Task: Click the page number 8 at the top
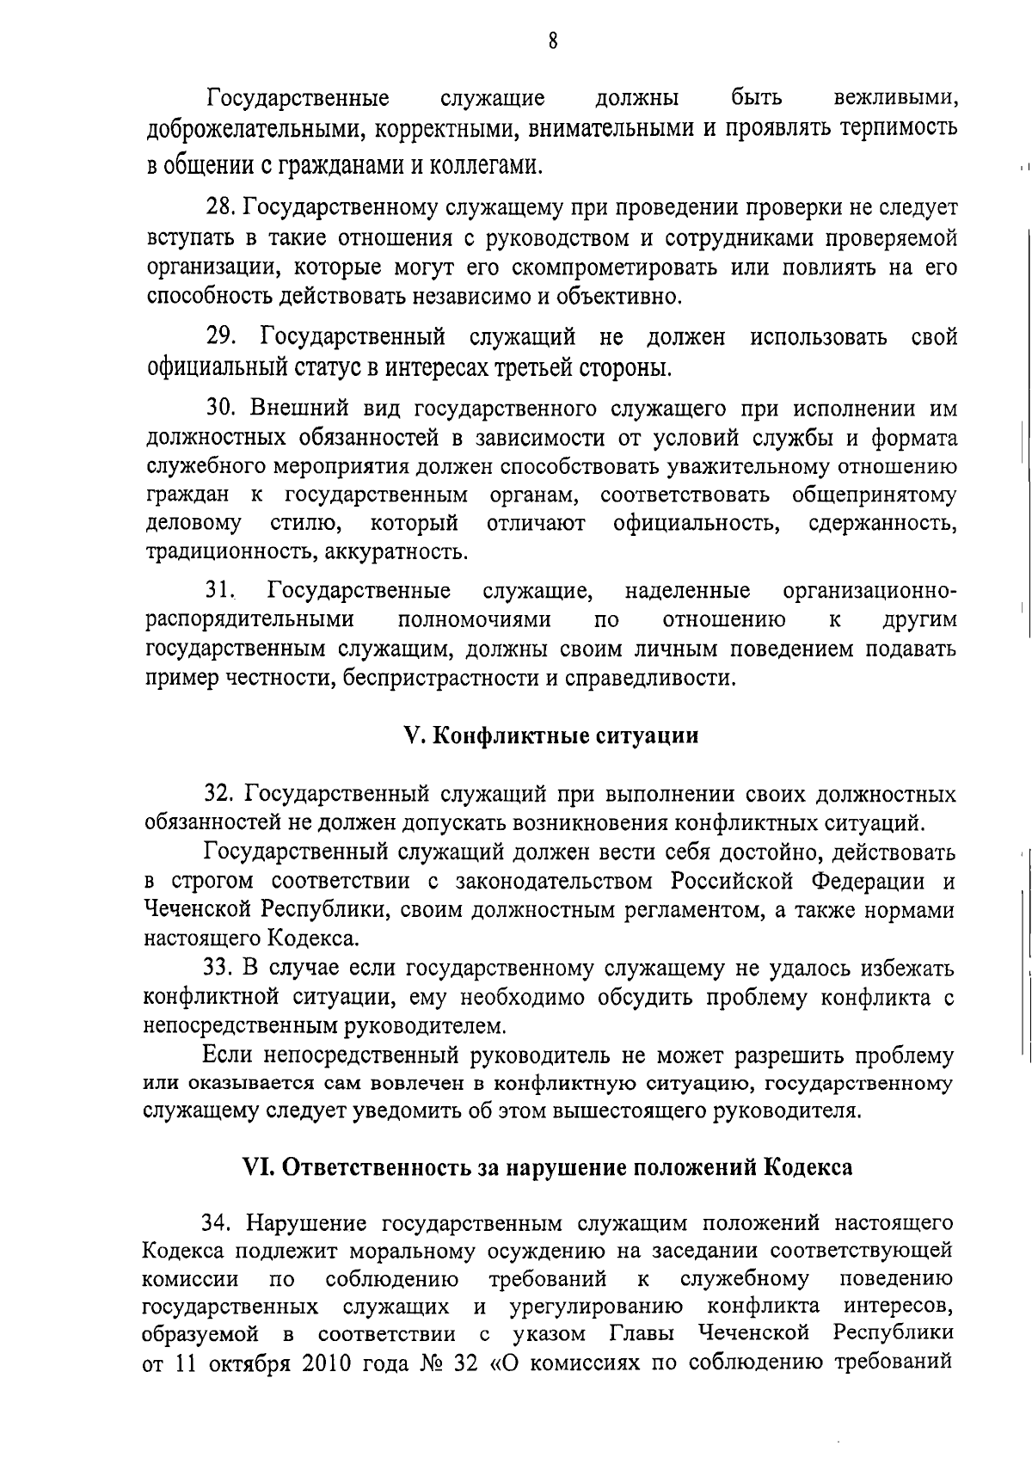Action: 552,41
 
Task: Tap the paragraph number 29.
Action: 222,336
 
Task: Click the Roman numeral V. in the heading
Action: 412,736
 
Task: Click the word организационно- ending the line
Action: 869,591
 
